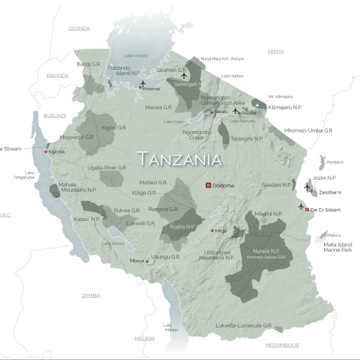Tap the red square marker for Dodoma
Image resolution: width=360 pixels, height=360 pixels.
[x=209, y=186]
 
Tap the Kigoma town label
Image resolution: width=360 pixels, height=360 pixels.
[x=57, y=152]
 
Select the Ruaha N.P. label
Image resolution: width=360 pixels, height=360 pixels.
[x=180, y=226]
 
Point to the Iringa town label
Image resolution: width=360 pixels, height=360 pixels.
[x=222, y=230]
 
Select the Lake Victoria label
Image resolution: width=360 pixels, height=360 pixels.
[x=135, y=55]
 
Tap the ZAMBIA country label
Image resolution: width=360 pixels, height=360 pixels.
[x=91, y=295]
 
